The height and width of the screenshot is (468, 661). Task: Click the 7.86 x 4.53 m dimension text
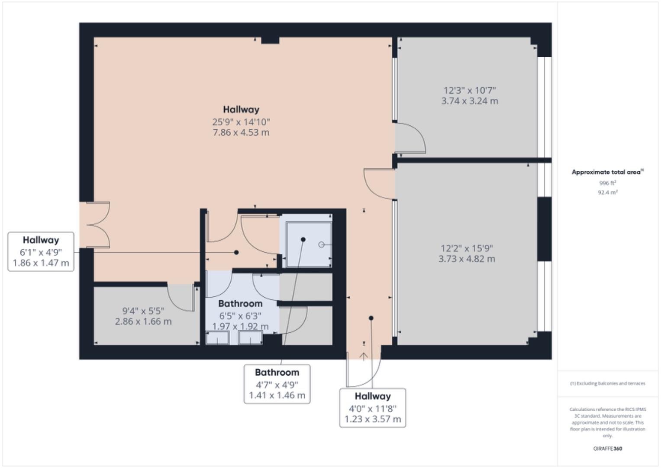tap(241, 133)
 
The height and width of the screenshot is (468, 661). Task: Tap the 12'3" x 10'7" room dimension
tap(470, 91)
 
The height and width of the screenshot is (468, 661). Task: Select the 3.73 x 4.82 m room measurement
tap(467, 259)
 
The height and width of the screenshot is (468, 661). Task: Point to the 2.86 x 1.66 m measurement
tap(143, 322)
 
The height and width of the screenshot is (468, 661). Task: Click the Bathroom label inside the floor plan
tap(240, 304)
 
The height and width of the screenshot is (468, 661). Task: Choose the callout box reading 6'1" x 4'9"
tap(41, 252)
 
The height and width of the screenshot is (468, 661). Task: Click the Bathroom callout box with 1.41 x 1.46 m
tap(277, 384)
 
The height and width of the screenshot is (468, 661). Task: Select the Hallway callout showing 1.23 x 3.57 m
tap(373, 408)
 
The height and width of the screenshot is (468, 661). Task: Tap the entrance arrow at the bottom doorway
tap(364, 356)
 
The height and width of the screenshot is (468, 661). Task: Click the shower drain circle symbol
tap(321, 245)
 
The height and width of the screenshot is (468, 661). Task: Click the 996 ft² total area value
tap(607, 183)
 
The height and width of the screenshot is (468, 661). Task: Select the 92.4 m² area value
tap(607, 192)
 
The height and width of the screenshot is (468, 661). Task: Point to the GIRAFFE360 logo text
tap(607, 448)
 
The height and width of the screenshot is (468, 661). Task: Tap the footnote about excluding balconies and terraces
tap(607, 383)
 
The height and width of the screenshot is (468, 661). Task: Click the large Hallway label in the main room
tap(241, 110)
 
